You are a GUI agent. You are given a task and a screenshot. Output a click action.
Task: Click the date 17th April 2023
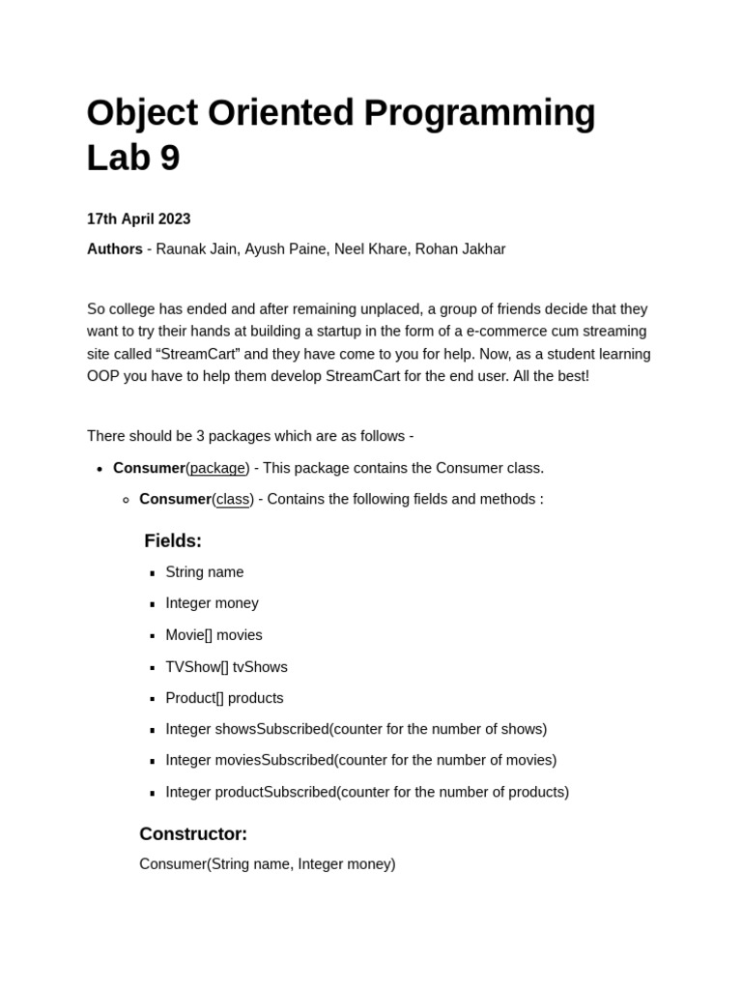tap(138, 219)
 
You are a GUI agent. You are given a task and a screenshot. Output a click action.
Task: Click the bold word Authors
tap(114, 249)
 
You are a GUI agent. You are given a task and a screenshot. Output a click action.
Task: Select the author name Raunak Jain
tap(196, 249)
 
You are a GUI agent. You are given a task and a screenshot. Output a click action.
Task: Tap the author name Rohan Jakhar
tap(460, 249)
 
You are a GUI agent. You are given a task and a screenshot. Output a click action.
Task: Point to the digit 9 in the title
tap(170, 159)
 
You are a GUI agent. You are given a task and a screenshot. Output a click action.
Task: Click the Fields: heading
tap(173, 541)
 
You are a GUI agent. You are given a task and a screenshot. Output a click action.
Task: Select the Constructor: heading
tap(193, 834)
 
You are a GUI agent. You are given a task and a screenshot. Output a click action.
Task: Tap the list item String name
tap(205, 572)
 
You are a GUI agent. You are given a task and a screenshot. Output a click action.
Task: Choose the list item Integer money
tap(212, 603)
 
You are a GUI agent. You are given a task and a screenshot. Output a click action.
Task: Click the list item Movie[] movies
tap(214, 635)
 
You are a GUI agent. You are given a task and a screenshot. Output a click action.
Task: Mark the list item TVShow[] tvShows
tap(226, 667)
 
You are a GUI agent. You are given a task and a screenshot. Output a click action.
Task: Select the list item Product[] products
tap(224, 698)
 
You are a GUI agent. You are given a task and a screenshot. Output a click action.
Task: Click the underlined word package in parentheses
tap(217, 468)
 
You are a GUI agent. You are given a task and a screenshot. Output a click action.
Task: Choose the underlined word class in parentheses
tap(233, 499)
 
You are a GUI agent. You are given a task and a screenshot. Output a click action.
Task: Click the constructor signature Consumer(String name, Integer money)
tap(268, 864)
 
